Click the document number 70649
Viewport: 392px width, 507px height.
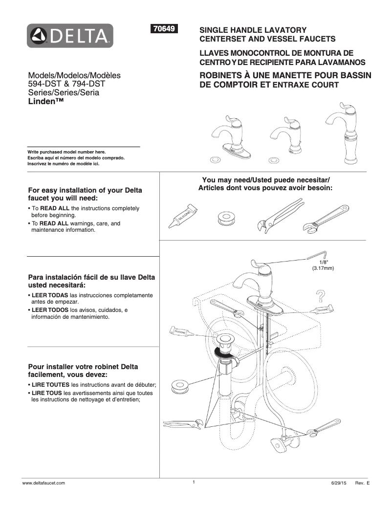tap(165, 29)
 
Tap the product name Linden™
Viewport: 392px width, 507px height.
tap(46, 101)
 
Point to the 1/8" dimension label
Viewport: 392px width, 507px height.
tap(323, 265)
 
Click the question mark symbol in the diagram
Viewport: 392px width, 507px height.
tap(321, 295)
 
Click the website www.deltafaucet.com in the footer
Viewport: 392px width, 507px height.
tap(44, 483)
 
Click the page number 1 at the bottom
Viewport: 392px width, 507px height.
tap(194, 482)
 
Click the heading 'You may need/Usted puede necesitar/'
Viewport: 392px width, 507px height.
tap(266, 179)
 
